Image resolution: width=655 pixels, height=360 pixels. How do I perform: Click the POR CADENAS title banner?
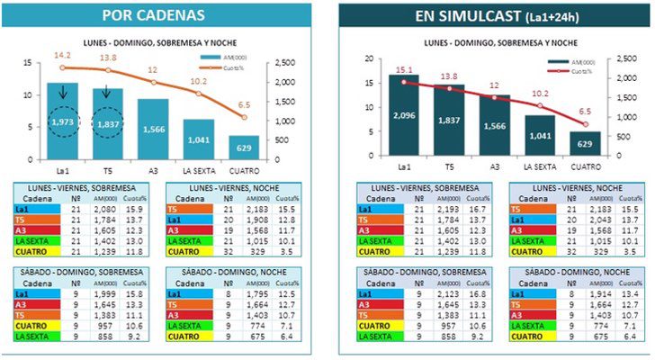[x=165, y=15]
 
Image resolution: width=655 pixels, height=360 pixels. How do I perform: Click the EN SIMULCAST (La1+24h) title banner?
[x=491, y=15]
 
